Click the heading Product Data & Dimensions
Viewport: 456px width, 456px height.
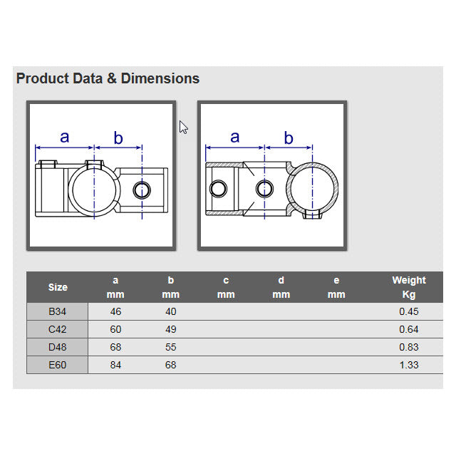pos(108,78)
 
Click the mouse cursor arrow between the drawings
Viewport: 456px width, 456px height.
pos(183,128)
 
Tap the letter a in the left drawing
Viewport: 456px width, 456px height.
pos(65,137)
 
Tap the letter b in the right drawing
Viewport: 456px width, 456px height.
pos(289,138)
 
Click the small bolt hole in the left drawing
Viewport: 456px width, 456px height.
pos(142,190)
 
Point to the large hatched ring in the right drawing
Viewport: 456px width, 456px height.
pos(312,164)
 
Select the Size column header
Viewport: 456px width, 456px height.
pos(58,287)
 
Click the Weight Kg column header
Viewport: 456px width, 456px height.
pos(409,287)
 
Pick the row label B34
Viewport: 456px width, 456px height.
pos(57,312)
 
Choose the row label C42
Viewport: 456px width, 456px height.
pos(57,329)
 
